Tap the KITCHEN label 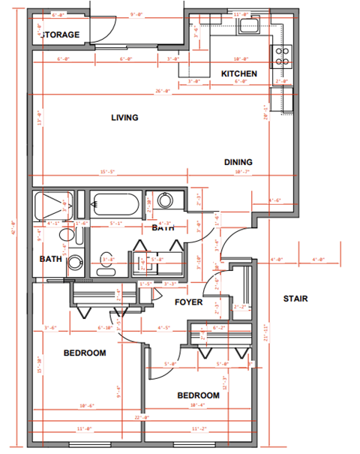pos(239,74)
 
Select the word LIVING pos(124,118)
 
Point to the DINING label pos(238,162)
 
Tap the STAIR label pos(295,299)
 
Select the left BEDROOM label pos(84,353)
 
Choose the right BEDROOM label pos(198,395)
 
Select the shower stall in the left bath pos(52,204)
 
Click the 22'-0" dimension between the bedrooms pos(142,418)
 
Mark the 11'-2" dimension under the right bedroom pos(199,430)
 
